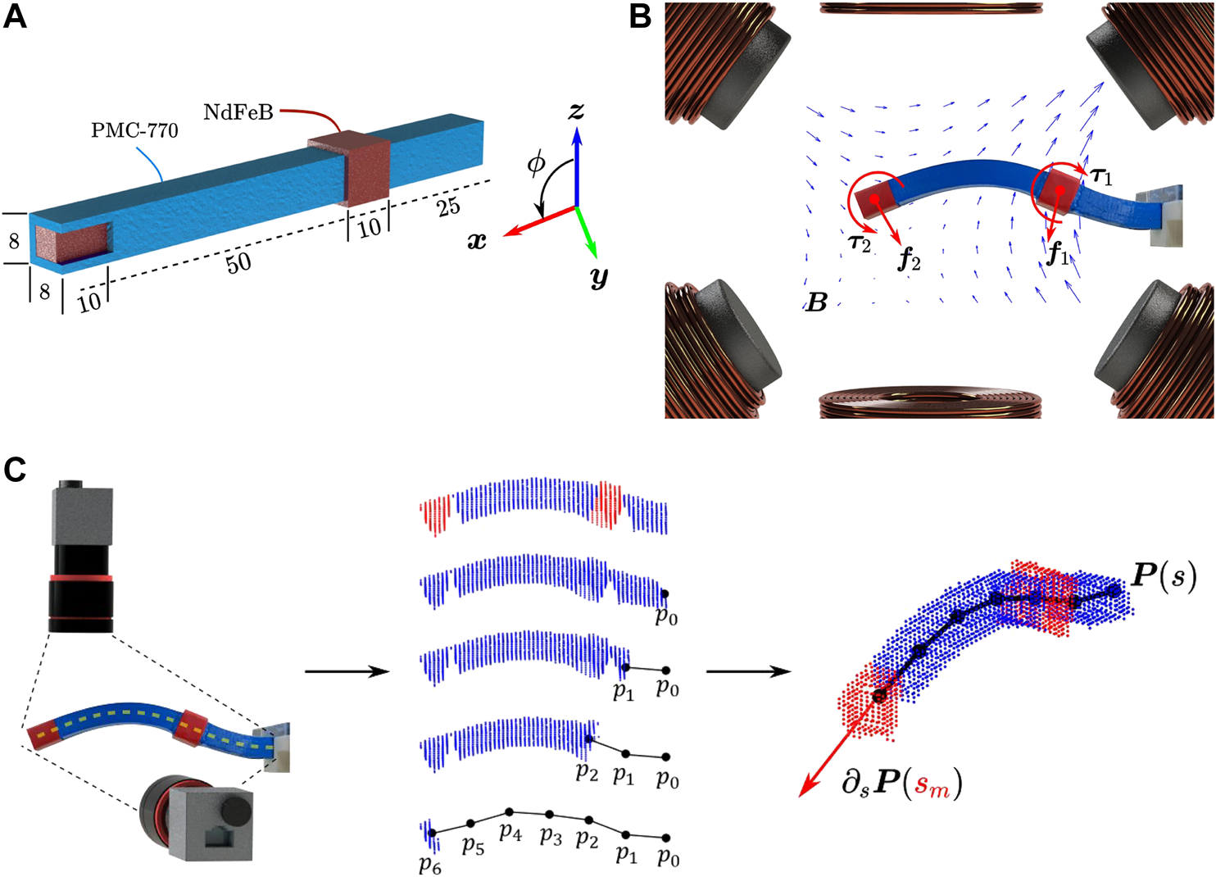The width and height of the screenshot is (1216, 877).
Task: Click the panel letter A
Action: tap(15, 16)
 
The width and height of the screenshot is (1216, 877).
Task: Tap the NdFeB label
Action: tap(238, 112)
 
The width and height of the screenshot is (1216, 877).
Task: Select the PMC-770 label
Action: tap(134, 130)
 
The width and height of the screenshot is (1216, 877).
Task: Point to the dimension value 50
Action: tap(238, 263)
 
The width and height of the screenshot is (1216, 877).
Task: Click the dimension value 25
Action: tap(448, 207)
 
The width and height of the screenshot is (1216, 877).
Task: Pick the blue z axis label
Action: tap(577, 111)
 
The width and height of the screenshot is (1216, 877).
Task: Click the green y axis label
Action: tap(599, 278)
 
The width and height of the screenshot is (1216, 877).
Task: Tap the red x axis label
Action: tap(477, 241)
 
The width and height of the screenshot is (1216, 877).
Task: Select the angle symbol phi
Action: tap(535, 163)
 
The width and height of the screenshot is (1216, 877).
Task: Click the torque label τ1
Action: tap(1101, 174)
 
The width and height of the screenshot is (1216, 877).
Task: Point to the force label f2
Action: tap(909, 260)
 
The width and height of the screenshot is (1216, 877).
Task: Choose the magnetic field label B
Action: tap(816, 303)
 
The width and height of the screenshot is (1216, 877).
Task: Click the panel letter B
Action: tap(640, 16)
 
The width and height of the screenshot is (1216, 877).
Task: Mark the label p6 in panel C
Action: tap(429, 866)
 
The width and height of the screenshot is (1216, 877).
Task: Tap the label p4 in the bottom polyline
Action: tap(510, 833)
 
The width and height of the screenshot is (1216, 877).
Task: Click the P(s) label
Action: tap(1164, 576)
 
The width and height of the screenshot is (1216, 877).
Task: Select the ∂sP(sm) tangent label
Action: tap(901, 784)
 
